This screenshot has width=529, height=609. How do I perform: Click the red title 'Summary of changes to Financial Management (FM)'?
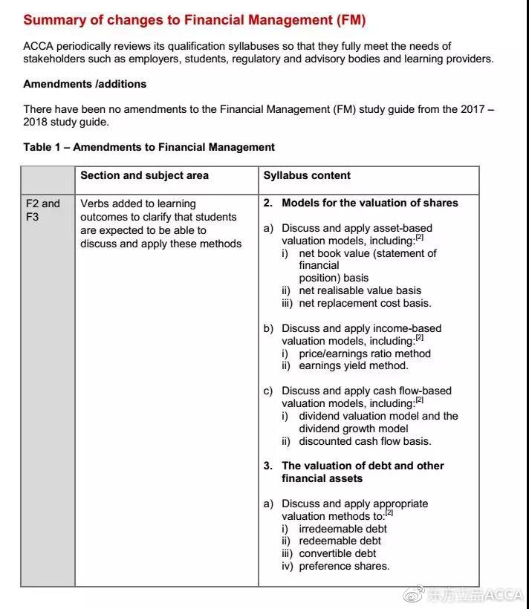pyautogui.click(x=195, y=20)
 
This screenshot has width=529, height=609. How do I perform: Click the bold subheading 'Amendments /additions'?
pyautogui.click(x=85, y=84)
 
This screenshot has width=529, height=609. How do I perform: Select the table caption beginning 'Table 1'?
pyautogui.click(x=149, y=147)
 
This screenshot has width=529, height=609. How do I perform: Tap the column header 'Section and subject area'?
pyautogui.click(x=145, y=176)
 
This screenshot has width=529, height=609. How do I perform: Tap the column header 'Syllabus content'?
pyautogui.click(x=307, y=176)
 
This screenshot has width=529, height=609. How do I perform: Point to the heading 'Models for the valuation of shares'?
pyautogui.click(x=369, y=203)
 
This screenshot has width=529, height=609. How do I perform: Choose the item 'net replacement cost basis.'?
pyautogui.click(x=365, y=303)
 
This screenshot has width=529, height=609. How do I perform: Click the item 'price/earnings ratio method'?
pyautogui.click(x=365, y=354)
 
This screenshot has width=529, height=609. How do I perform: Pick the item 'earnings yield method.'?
pyautogui.click(x=354, y=365)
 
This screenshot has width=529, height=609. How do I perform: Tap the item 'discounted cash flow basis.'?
pyautogui.click(x=365, y=441)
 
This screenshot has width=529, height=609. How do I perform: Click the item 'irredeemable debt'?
pyautogui.click(x=343, y=529)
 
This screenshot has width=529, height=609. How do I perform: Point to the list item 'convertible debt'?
pyautogui.click(x=337, y=553)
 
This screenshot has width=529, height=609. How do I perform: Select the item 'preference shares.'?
pyautogui.click(x=344, y=566)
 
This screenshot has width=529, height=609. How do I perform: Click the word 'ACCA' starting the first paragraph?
pyautogui.click(x=37, y=46)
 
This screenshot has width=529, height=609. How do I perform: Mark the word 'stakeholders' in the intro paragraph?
pyautogui.click(x=54, y=59)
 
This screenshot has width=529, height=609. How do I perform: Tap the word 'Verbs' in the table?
pyautogui.click(x=95, y=203)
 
